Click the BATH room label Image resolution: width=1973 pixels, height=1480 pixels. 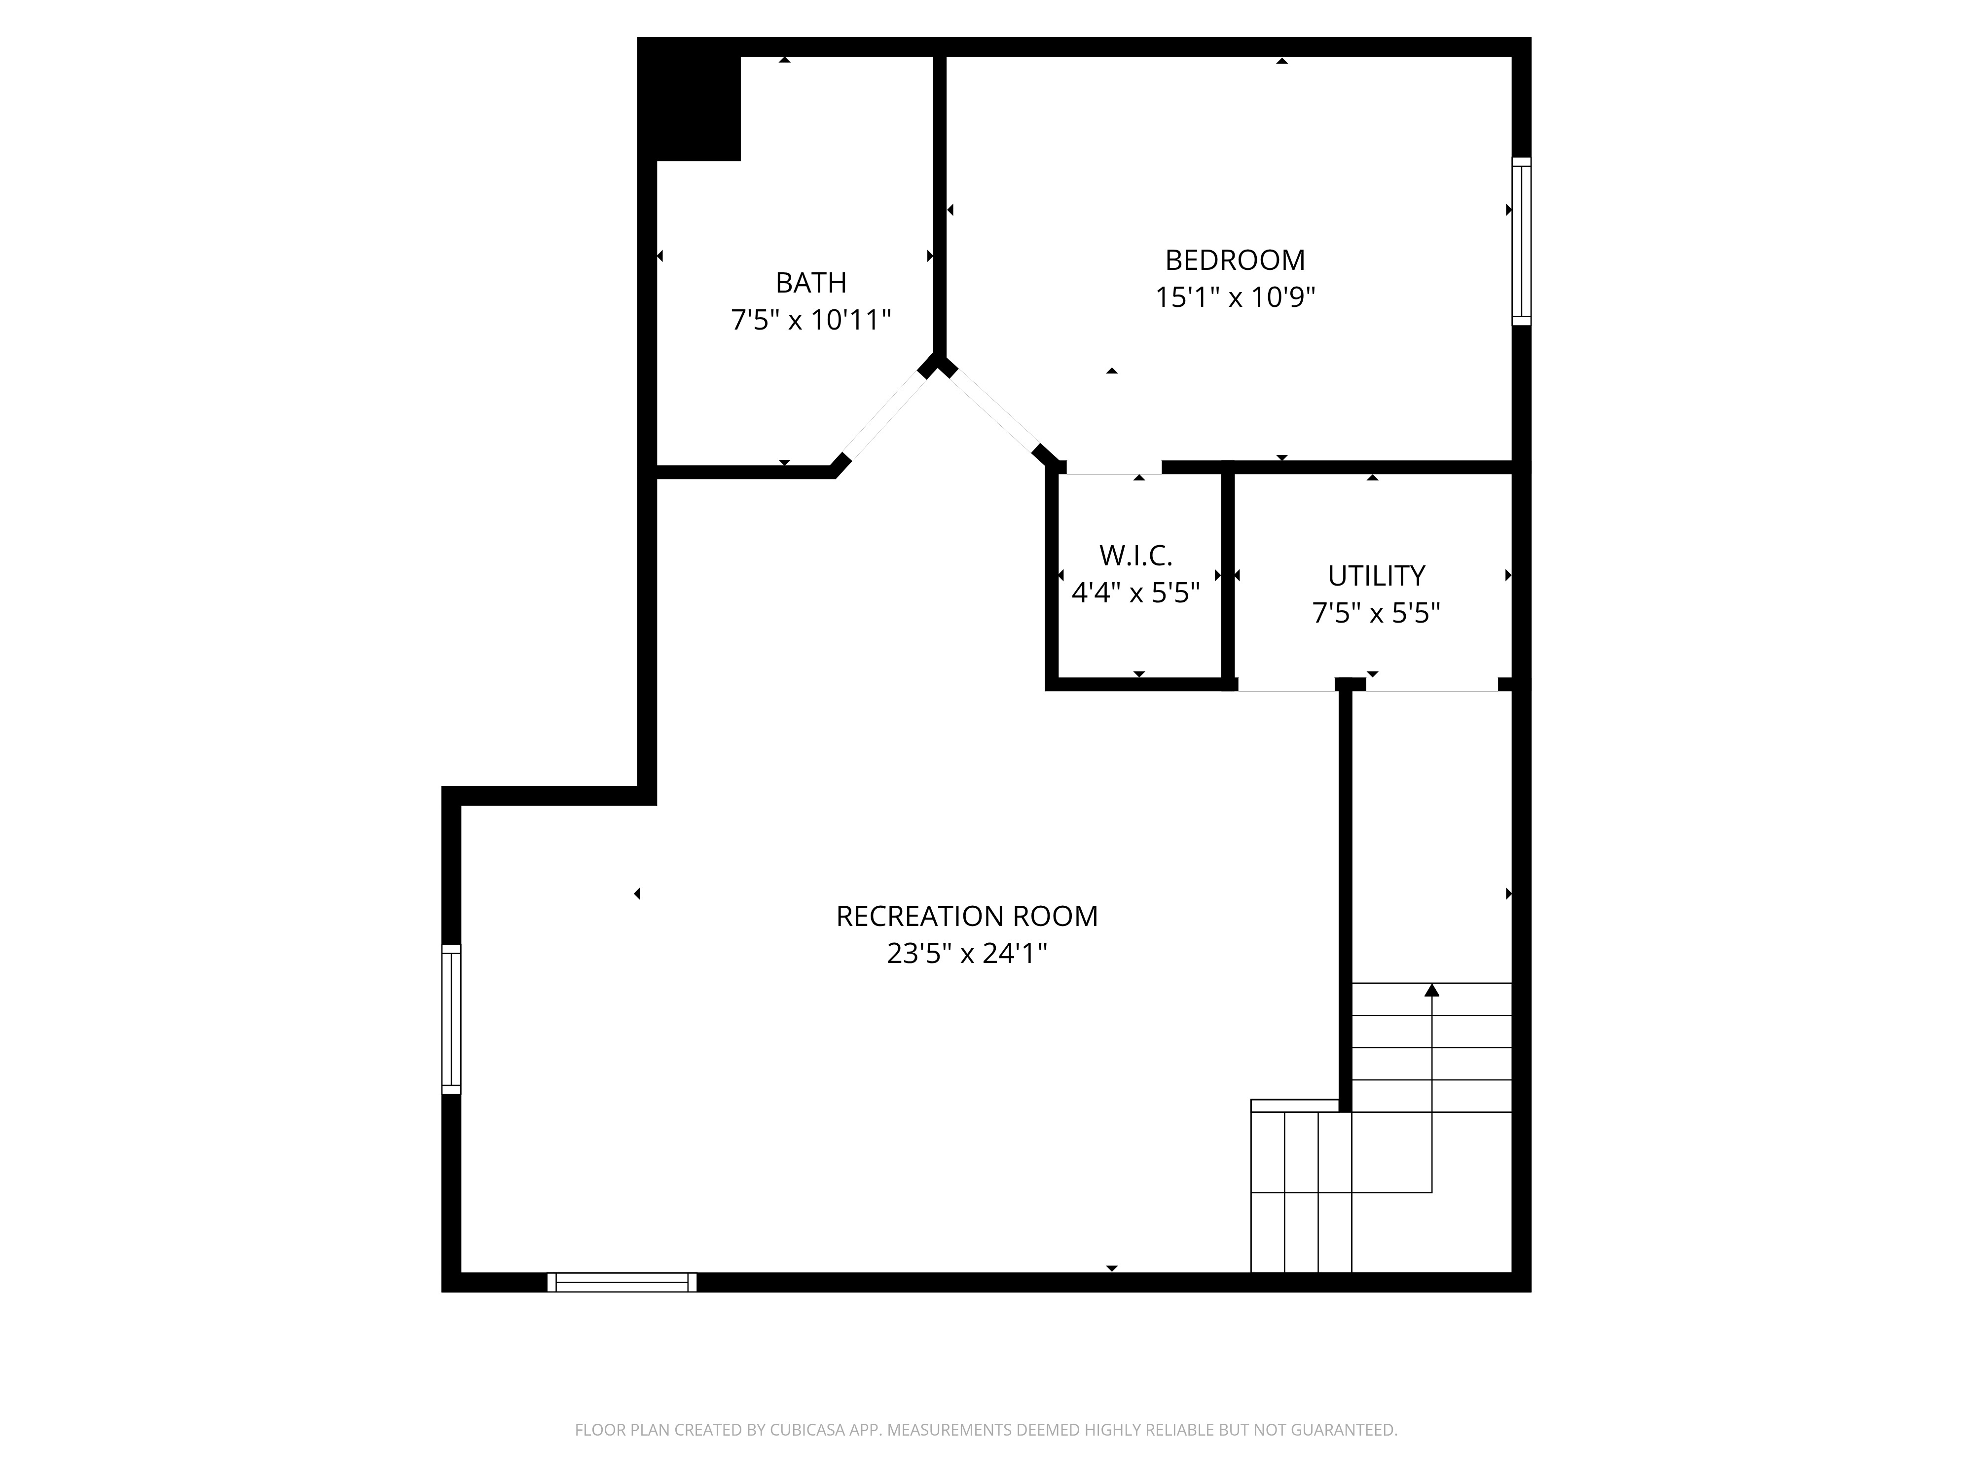point(811,283)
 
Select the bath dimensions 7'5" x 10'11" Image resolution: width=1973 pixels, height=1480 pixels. point(811,319)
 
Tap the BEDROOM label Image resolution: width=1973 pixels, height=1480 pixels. point(1236,260)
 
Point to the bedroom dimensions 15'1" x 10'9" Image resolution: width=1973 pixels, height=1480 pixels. point(1236,297)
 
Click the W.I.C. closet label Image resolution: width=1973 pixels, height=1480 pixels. point(1135,556)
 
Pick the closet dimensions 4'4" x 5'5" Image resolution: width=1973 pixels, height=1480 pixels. point(1135,593)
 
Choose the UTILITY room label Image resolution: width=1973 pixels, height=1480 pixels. point(1376,576)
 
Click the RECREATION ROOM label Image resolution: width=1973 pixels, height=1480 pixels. point(967,916)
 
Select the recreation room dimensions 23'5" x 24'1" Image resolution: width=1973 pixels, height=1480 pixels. point(967,954)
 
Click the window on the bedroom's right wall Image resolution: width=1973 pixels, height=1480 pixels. point(1522,242)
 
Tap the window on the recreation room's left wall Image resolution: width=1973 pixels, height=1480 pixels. point(451,1019)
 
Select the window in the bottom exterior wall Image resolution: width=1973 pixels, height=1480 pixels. point(621,1282)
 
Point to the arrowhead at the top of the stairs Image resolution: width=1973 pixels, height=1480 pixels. point(1431,989)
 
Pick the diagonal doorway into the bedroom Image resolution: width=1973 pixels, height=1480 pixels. point(993,411)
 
